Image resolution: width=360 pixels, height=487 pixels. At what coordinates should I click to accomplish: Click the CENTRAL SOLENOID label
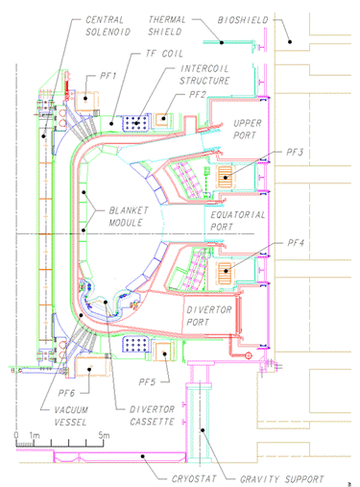(x=108, y=26)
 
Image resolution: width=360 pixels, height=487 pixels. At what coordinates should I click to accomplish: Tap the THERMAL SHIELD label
(x=166, y=26)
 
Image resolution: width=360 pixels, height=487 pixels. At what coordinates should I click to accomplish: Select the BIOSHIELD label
(x=243, y=20)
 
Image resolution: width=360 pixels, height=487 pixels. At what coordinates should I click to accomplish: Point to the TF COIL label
(x=164, y=54)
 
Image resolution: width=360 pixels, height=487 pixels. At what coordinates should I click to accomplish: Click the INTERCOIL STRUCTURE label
(x=204, y=75)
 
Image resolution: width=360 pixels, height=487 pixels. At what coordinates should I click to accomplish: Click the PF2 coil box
(x=163, y=119)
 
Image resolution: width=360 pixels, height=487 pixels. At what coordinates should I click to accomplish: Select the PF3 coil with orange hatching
(x=225, y=177)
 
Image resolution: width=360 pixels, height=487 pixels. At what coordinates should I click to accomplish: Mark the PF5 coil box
(x=164, y=352)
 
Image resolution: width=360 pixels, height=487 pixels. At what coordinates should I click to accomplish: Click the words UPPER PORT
(x=247, y=129)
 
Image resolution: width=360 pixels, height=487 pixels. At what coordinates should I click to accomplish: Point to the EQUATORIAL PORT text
(x=237, y=221)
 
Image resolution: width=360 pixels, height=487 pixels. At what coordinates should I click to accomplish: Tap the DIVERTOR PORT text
(x=208, y=316)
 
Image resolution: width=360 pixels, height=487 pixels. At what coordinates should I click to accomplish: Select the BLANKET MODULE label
(x=129, y=216)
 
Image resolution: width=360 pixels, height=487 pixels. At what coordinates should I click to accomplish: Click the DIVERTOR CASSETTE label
(x=152, y=415)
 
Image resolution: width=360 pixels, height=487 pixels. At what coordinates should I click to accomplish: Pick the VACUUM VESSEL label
(x=71, y=416)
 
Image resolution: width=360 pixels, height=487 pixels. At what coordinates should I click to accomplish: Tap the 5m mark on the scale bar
(x=104, y=435)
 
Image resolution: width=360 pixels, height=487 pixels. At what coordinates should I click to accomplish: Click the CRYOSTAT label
(x=194, y=478)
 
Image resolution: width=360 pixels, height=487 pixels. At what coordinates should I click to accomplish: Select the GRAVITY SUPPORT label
(x=281, y=479)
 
